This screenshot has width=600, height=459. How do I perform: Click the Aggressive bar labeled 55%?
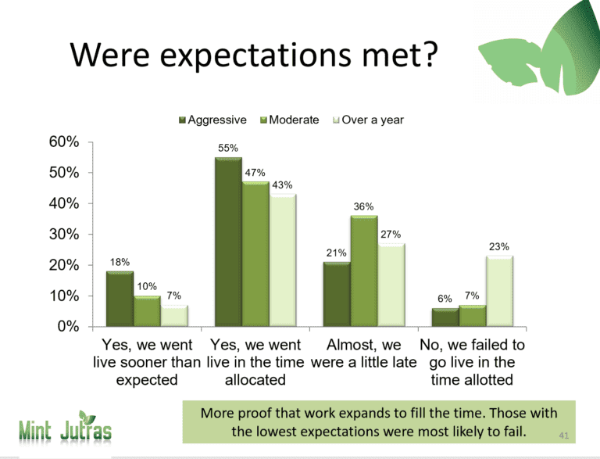coord(228,242)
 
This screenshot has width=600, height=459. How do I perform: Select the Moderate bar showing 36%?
coord(364,271)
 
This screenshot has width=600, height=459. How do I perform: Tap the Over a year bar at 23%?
coord(500,291)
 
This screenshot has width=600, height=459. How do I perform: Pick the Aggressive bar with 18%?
coord(120,299)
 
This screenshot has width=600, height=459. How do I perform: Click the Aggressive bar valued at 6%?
coord(445,317)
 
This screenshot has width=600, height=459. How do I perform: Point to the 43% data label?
coord(282,185)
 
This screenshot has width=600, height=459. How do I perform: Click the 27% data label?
coord(391,234)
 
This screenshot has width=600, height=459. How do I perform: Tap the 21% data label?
coord(337,253)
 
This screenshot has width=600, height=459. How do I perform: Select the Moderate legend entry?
coord(290,120)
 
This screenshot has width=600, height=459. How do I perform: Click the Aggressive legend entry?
coord(212,120)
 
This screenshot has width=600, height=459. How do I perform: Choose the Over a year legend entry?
coord(369,120)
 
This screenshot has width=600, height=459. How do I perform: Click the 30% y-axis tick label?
coord(64,234)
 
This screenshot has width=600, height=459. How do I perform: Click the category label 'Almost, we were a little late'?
coord(363,353)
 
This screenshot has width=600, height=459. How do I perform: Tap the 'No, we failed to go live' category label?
coord(472,362)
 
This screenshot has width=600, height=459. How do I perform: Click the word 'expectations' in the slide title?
coord(255,55)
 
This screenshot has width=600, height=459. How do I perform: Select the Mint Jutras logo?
coord(65,427)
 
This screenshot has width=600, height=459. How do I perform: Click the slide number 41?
coord(563,436)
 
